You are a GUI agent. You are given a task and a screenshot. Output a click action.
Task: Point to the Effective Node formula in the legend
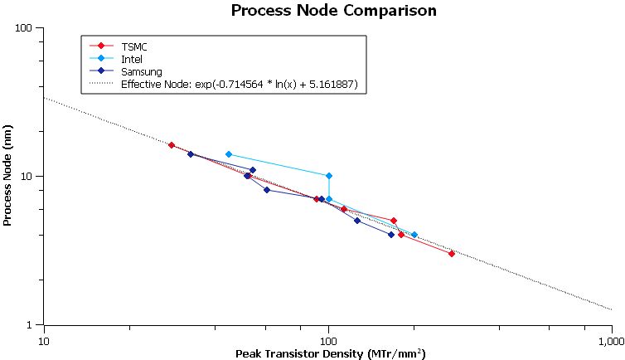(x=239, y=84)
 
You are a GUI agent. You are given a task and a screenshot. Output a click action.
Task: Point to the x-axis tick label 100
(x=328, y=341)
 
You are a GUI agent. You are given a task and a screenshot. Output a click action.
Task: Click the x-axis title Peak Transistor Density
(x=331, y=354)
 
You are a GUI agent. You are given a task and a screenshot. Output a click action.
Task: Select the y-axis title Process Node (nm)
(x=8, y=176)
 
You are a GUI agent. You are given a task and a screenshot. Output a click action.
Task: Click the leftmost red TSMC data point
(x=172, y=145)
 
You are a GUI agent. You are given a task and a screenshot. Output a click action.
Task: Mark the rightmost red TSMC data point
(x=452, y=253)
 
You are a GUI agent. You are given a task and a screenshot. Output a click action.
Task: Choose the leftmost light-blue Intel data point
(x=229, y=154)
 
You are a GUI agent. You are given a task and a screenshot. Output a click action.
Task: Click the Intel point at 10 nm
(x=329, y=176)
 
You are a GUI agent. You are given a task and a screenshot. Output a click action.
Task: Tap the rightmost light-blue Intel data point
(x=414, y=235)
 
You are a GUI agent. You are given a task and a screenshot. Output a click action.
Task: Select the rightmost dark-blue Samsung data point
(x=391, y=235)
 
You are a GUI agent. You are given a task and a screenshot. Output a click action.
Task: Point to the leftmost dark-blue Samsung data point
(x=191, y=154)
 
